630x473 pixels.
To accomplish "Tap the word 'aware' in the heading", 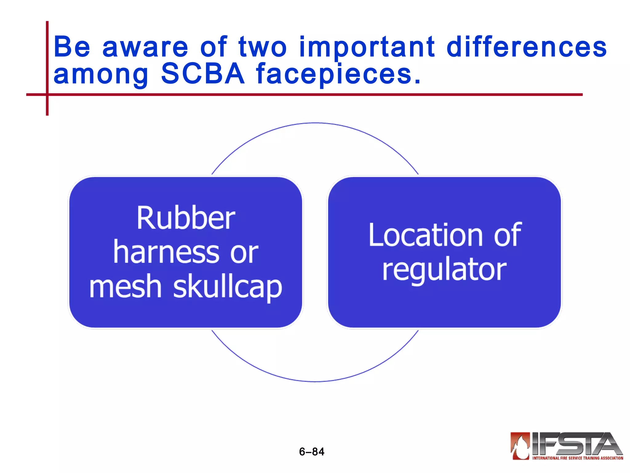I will pos(145,47).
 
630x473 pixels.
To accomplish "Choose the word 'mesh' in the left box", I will pos(126,286).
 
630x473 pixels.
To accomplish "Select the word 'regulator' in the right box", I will pos(444,270).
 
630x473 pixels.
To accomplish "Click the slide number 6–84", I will pos(312,452).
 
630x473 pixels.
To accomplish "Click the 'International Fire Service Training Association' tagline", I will pos(578,458).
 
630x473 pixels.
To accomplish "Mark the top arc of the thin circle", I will pos(315,123).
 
